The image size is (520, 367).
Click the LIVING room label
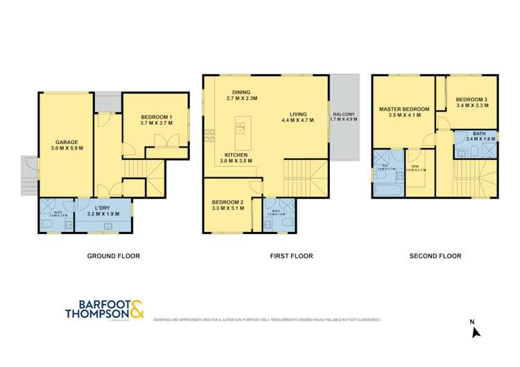[297, 116]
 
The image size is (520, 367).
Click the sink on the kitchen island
[241, 127]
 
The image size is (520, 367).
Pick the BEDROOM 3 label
[472, 104]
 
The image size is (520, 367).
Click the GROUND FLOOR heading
[113, 256]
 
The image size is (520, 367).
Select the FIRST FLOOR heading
[291, 256]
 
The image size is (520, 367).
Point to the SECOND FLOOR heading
[435, 256]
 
